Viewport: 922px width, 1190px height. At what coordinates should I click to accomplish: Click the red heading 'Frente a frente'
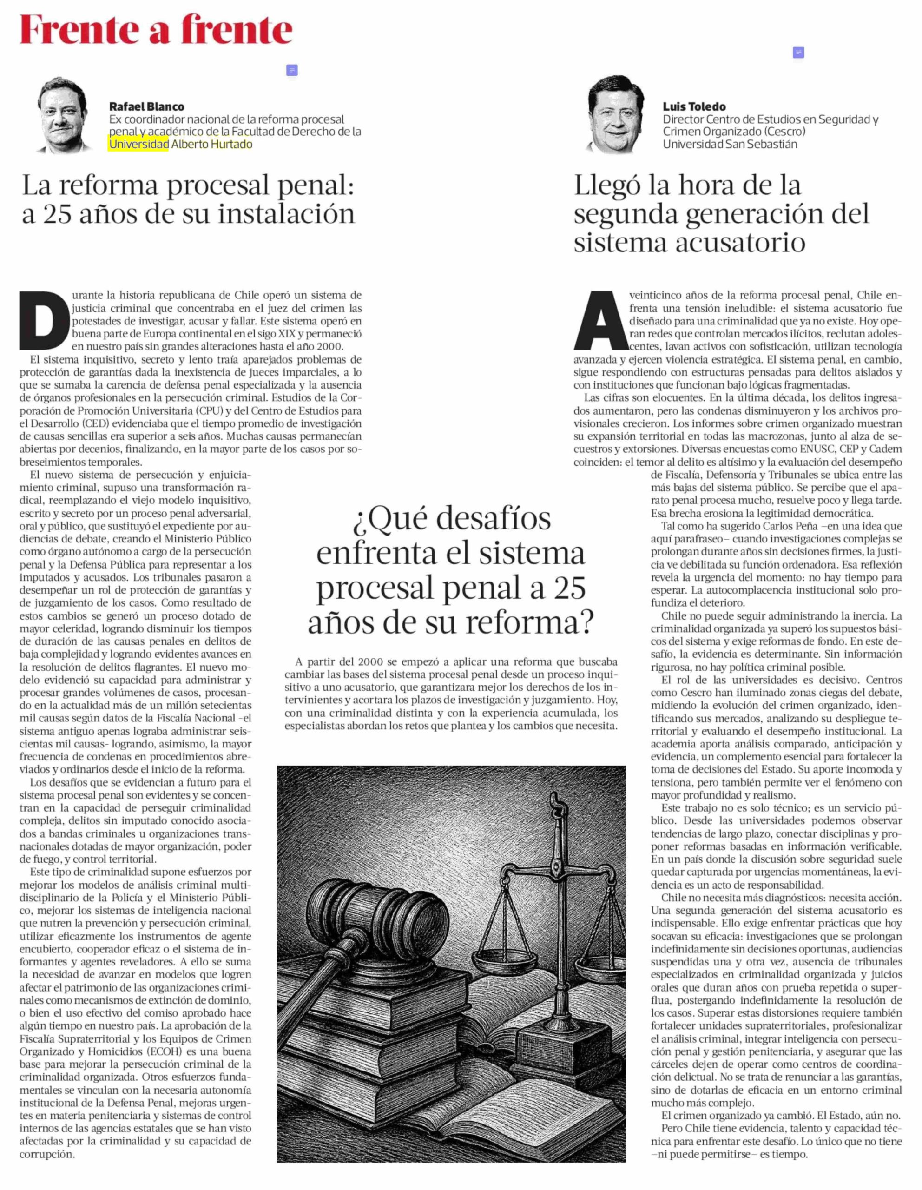(x=156, y=30)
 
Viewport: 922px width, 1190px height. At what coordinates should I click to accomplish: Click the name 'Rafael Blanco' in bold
(x=147, y=106)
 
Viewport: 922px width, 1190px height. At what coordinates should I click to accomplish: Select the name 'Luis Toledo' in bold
(x=694, y=106)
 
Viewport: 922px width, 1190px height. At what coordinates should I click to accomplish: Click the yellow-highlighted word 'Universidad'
(x=139, y=145)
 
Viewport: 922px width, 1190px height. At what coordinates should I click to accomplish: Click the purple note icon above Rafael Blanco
(x=292, y=70)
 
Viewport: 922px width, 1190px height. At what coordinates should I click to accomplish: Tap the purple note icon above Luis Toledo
(x=798, y=53)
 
